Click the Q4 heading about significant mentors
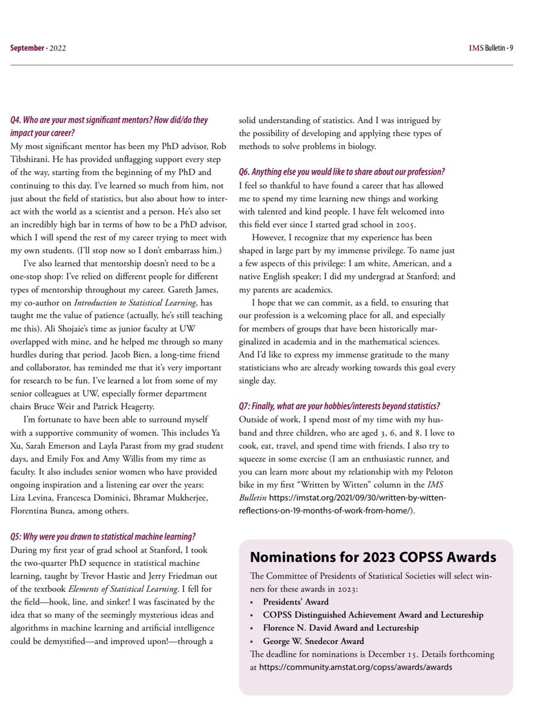109,125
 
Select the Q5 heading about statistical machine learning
103,536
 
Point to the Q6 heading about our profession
341,171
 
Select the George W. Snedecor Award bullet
313,641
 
